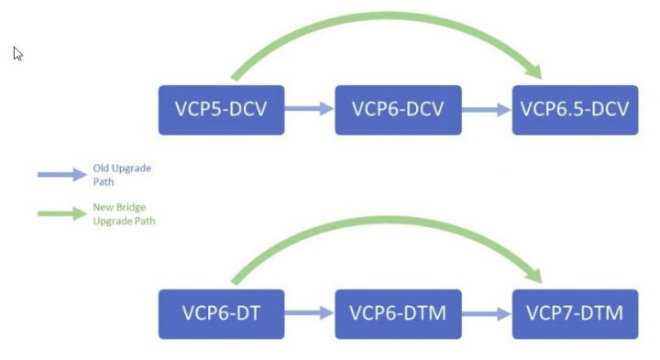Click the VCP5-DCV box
[x=221, y=110]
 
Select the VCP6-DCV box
[x=398, y=110]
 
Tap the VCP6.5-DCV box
[x=575, y=110]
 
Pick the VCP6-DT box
[x=221, y=313]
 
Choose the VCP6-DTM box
[x=398, y=313]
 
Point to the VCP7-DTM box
[x=575, y=313]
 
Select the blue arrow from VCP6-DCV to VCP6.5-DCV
[x=486, y=109]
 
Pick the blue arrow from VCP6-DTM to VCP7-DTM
[x=486, y=313]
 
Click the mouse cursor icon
[x=17, y=53]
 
